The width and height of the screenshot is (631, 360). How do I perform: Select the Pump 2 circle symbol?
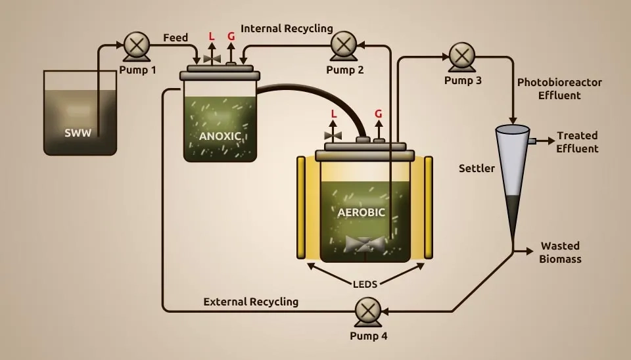pos(342,45)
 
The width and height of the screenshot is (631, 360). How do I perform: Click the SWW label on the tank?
pos(78,132)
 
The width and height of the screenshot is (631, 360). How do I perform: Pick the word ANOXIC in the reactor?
pos(220,137)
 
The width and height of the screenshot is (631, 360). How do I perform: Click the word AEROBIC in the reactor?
pos(361,212)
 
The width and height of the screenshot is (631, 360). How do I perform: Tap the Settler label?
pos(477,169)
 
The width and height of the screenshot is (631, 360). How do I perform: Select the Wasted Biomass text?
pos(560,252)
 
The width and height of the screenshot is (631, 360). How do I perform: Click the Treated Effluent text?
pos(577,142)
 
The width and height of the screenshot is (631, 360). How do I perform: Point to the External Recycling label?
pos(250,302)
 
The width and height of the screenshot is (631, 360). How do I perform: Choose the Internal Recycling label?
pos(287,29)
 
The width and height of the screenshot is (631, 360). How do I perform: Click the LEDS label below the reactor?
pos(365,284)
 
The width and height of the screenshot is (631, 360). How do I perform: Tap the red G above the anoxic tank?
pos(231,37)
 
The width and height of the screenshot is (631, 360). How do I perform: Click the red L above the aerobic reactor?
pos(334,114)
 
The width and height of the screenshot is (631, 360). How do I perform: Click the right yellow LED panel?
pos(428,207)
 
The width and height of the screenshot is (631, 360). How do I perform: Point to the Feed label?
pos(175,38)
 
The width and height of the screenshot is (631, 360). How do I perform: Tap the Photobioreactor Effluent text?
pos(559,89)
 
